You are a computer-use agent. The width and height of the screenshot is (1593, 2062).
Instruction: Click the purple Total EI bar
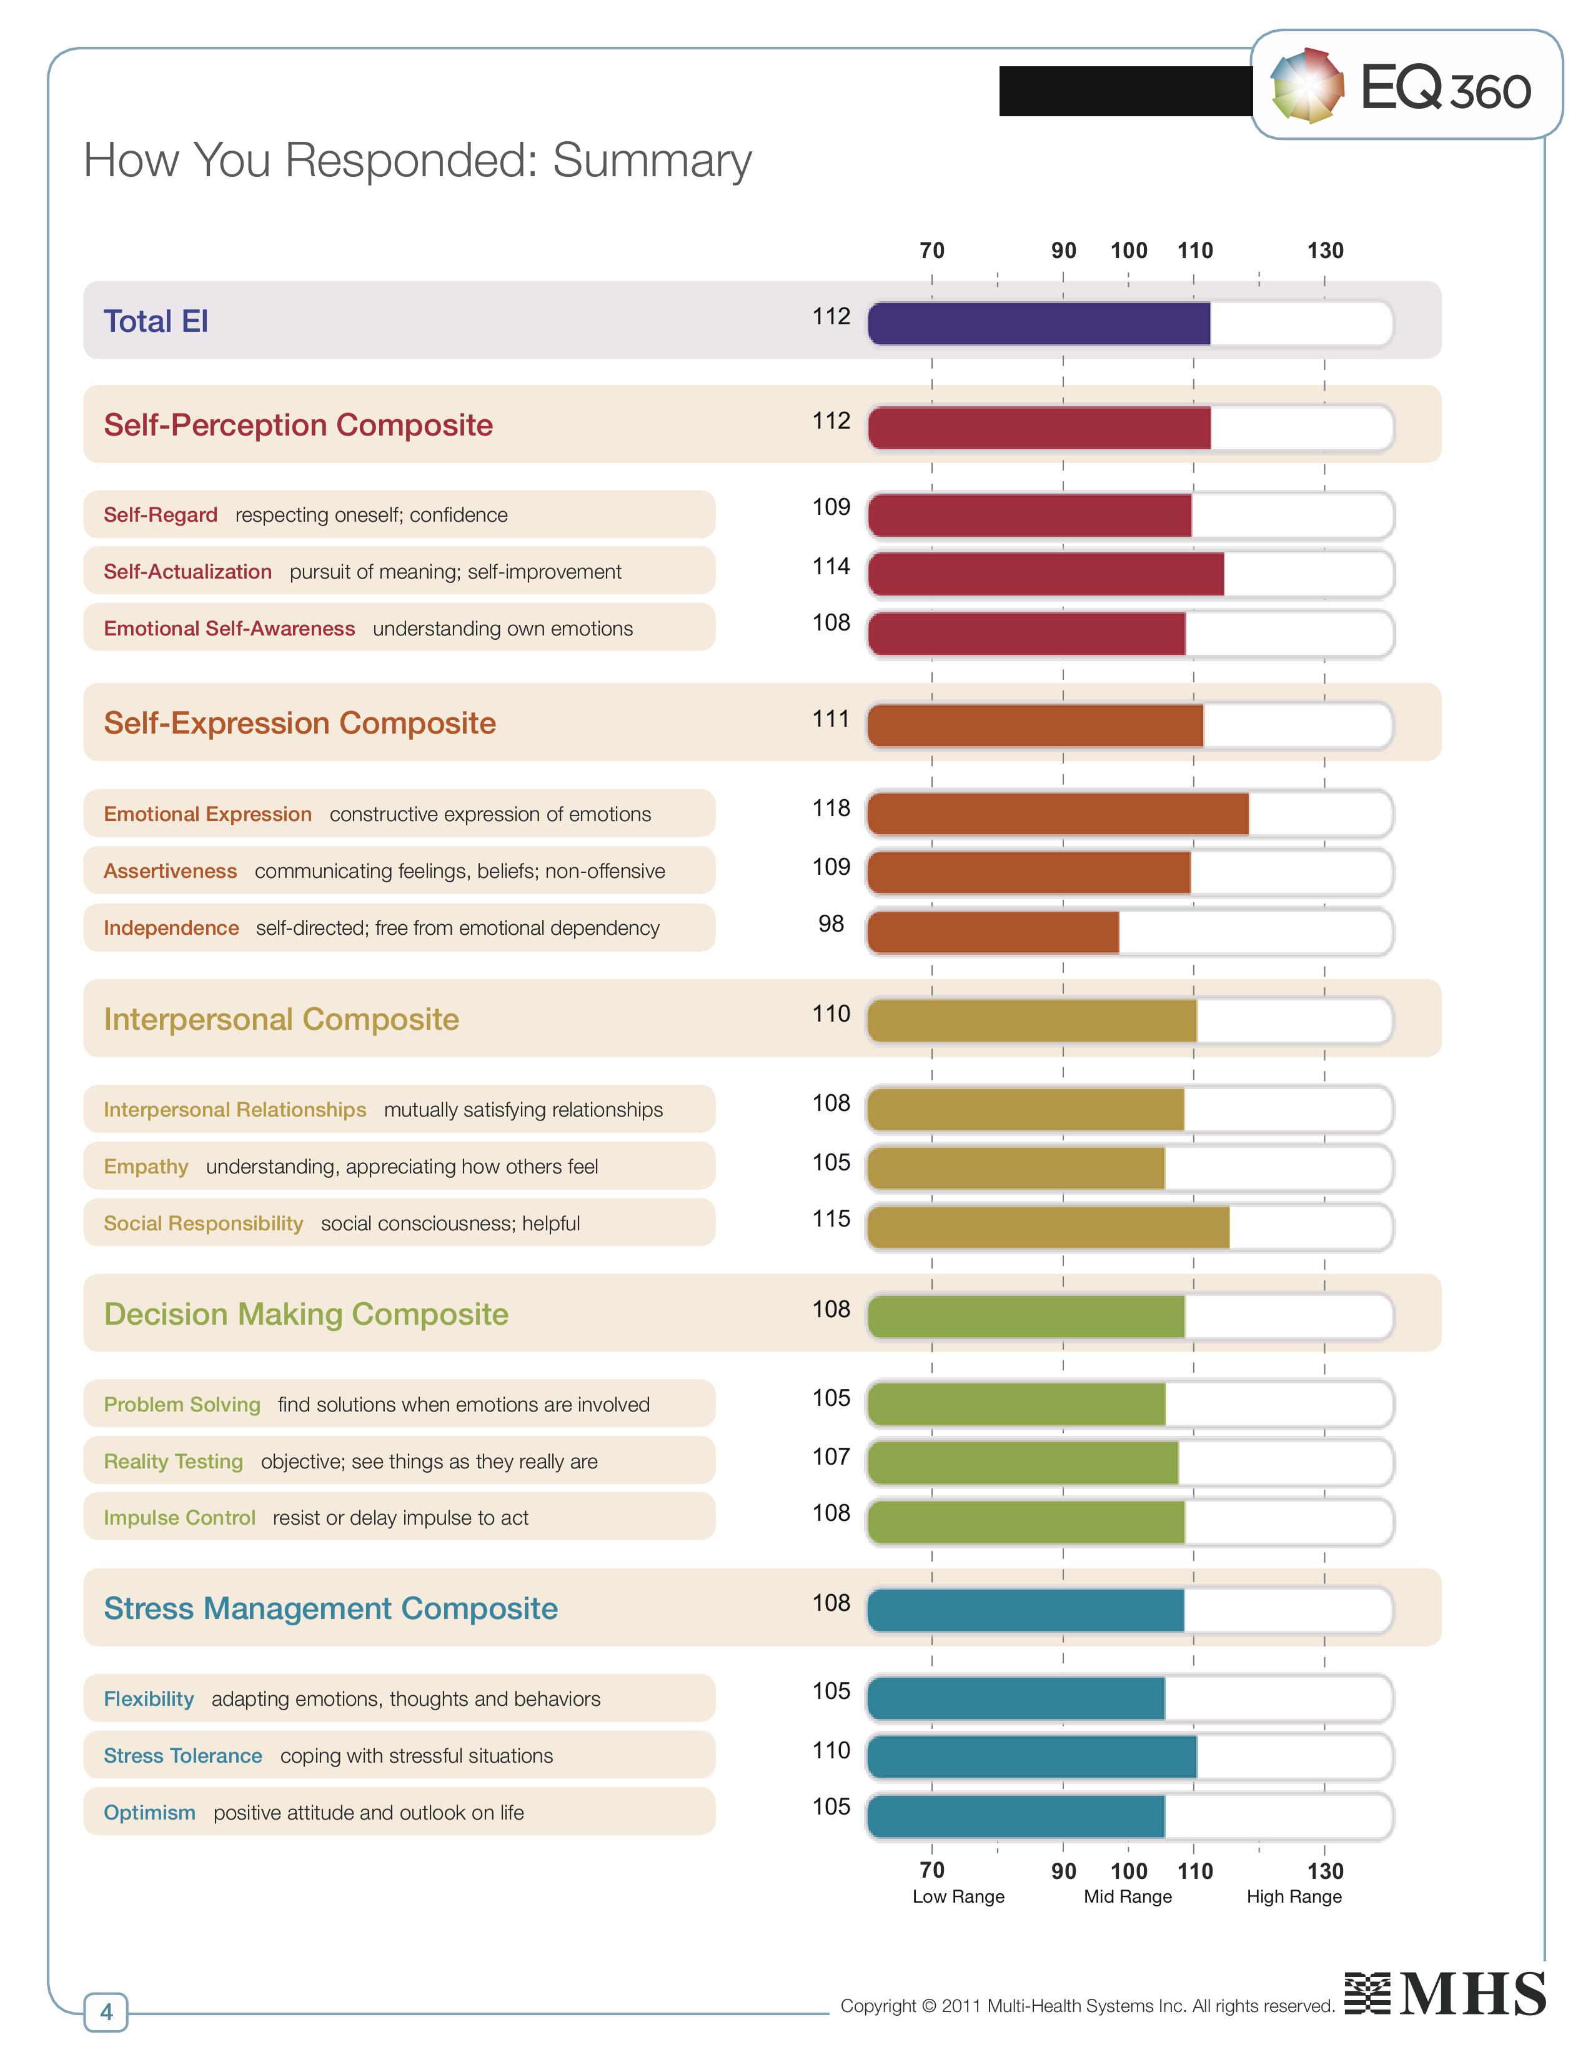coord(1038,324)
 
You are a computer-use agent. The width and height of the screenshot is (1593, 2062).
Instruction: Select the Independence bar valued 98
coord(993,932)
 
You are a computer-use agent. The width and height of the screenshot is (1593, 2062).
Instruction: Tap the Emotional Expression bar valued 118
coord(1057,814)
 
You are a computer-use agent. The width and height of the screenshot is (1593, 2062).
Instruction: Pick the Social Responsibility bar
coord(1048,1227)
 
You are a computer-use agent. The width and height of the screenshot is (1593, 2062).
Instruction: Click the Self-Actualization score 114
coord(830,567)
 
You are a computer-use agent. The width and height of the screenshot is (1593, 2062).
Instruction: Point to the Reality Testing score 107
coord(830,1457)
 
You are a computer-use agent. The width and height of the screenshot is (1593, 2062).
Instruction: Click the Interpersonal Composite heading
coord(281,1020)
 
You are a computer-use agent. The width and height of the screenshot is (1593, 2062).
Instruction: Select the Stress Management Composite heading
coord(330,1609)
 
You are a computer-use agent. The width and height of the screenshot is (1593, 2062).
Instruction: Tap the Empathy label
coord(146,1167)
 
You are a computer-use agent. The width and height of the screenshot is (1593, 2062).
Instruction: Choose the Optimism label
coord(150,1813)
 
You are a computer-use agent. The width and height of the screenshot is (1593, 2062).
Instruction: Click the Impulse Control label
coord(179,1518)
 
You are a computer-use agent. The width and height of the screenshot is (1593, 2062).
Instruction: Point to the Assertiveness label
coord(171,872)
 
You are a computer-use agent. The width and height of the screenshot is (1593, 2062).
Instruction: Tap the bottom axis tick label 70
coord(931,1870)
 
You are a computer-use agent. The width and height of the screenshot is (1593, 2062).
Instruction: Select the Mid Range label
coord(1128,1897)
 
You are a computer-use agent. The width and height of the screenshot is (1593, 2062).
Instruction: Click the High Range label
coord(1294,1897)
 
